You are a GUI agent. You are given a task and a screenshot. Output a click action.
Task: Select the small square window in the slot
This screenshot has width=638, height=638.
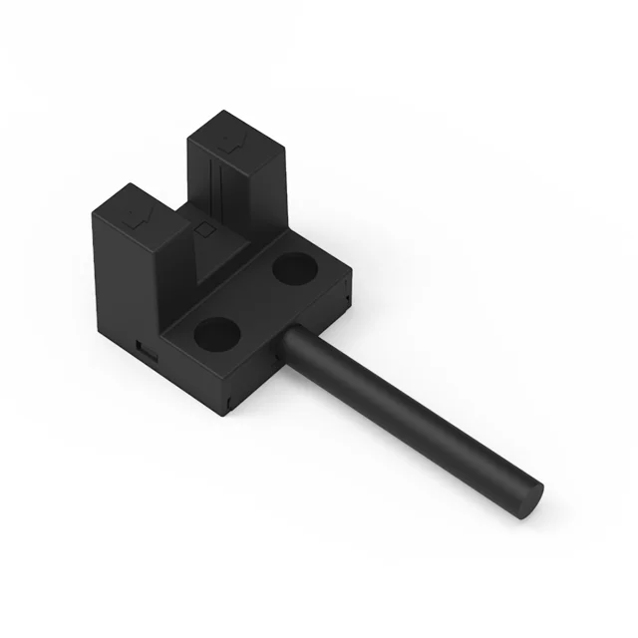pos(206,229)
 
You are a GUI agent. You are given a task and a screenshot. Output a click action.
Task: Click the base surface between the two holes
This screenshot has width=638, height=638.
pos(254,299)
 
